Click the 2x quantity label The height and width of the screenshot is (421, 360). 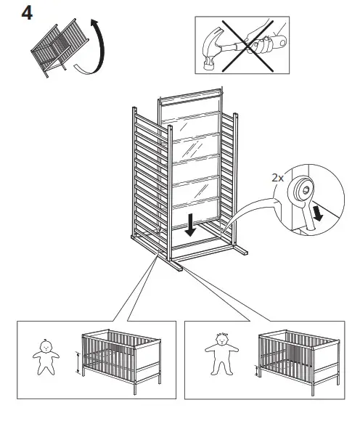(x=277, y=176)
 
